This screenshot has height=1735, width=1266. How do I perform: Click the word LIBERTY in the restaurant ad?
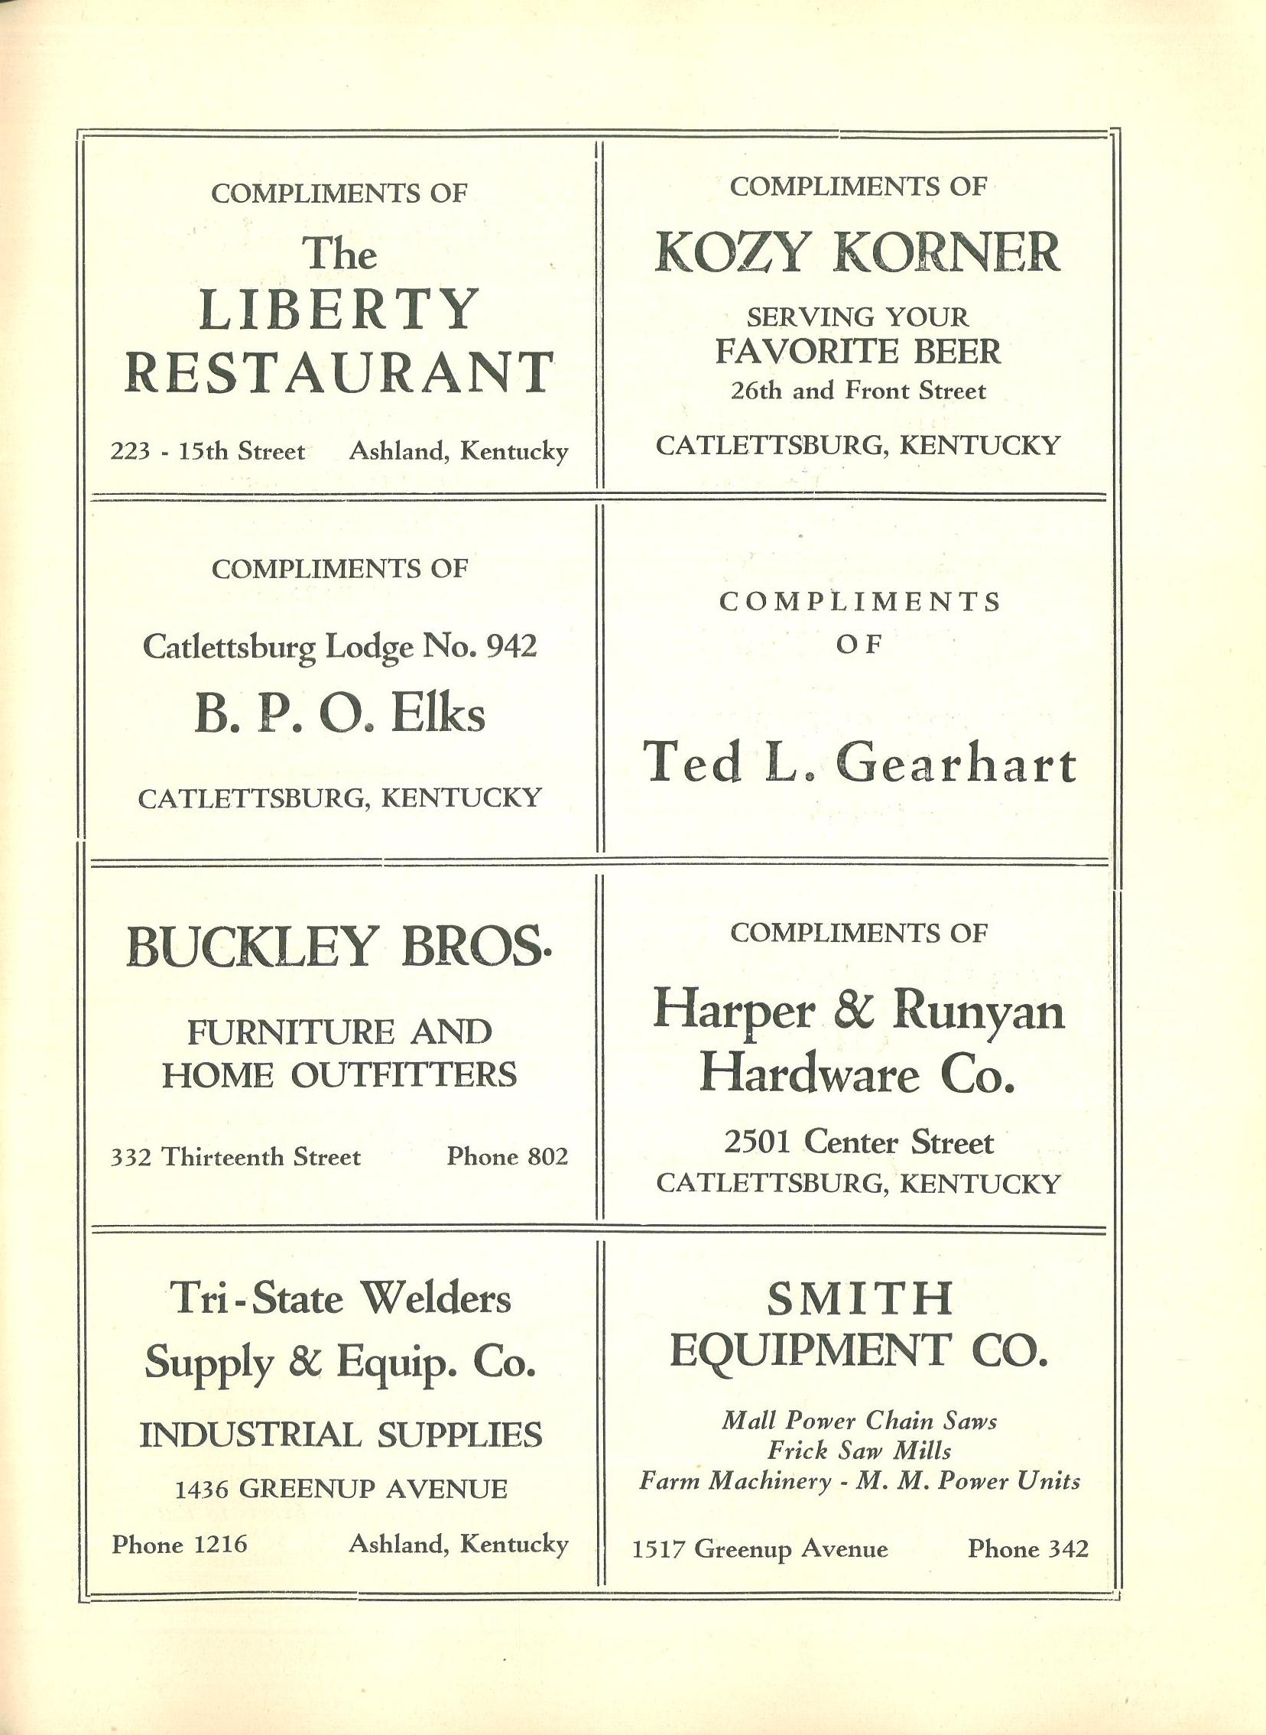[x=338, y=310]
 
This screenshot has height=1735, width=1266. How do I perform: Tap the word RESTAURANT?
[x=338, y=372]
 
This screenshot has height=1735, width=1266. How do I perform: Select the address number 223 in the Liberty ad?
[x=128, y=451]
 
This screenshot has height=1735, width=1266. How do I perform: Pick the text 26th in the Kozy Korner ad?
[x=757, y=392]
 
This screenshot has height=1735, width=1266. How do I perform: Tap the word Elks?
[x=437, y=714]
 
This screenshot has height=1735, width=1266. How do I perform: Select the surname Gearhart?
[x=956, y=765]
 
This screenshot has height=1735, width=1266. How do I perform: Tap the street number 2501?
[x=758, y=1143]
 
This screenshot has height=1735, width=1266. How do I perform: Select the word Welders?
[x=435, y=1299]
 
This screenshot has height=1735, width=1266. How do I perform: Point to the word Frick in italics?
[x=798, y=1451]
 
